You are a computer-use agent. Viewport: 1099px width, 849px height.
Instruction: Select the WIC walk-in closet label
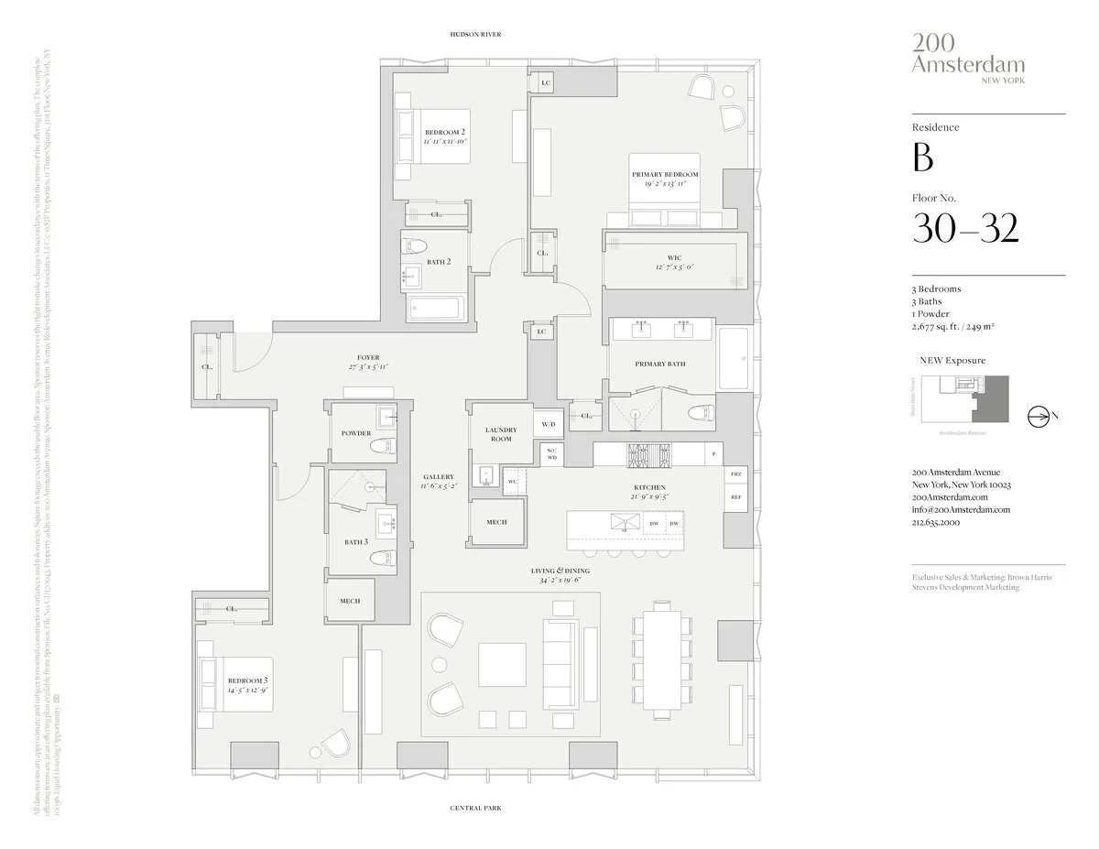point(675,262)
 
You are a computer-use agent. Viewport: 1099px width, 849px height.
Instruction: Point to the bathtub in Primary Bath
point(734,357)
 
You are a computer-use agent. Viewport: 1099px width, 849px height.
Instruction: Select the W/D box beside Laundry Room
point(549,424)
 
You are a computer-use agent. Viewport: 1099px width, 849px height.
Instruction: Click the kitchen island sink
point(627,523)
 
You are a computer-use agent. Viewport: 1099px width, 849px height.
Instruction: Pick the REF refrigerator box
point(735,496)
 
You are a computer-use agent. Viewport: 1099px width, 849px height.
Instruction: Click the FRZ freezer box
point(735,474)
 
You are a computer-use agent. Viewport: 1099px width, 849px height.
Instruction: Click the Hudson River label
point(475,34)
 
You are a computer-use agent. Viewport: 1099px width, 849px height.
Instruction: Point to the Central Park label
point(475,808)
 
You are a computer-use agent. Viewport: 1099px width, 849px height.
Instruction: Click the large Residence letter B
point(922,158)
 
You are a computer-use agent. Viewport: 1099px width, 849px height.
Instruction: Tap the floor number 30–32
point(965,227)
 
